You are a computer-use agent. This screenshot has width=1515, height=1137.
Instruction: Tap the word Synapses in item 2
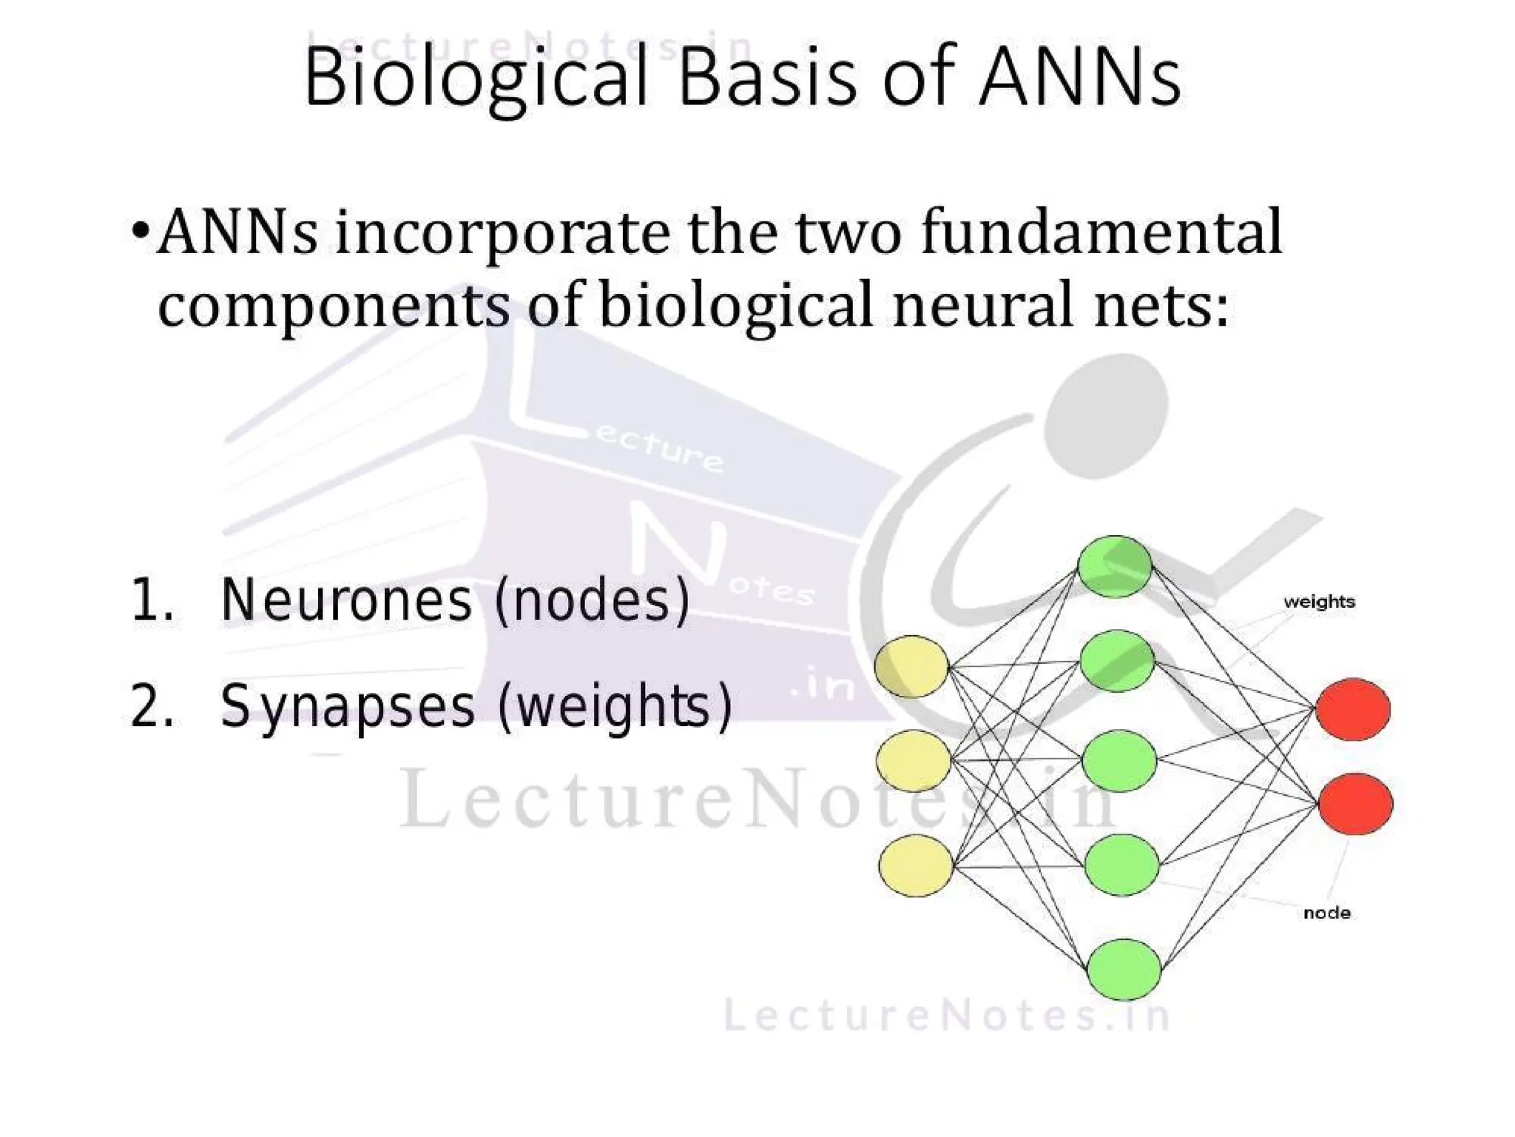coord(348,705)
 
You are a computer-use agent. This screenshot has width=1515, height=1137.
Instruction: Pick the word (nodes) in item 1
coord(592,600)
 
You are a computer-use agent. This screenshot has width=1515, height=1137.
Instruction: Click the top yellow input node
coord(911,666)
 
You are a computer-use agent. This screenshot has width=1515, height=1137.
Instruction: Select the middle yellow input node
coord(914,761)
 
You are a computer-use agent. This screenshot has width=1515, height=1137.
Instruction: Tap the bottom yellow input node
coord(916,865)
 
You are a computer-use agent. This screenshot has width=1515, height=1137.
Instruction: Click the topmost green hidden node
coord(1115,566)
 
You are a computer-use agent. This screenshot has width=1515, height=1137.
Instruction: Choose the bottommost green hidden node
coord(1124,970)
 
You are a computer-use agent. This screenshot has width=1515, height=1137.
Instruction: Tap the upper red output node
coord(1353,709)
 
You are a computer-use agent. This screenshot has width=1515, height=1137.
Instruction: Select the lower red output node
coord(1355,804)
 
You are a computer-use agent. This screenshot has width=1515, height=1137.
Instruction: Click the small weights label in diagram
coord(1320,602)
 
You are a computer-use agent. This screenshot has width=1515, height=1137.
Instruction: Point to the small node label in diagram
coord(1327,913)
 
